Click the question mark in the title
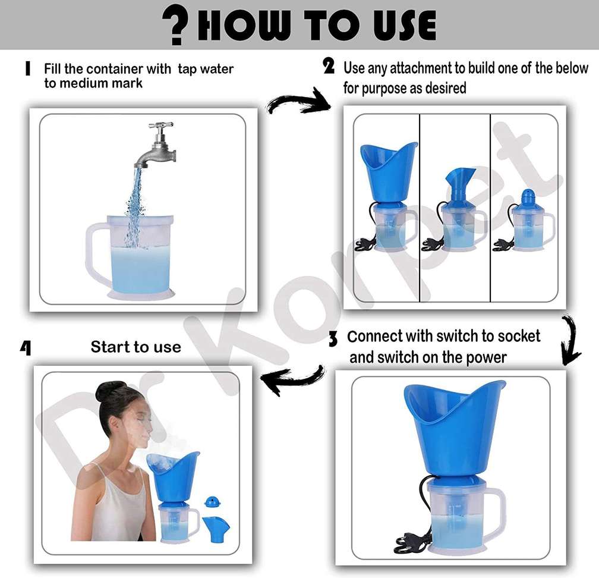click(178, 25)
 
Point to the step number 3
click(333, 340)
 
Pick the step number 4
click(26, 347)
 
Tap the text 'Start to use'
click(135, 347)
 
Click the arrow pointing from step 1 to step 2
click(298, 103)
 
